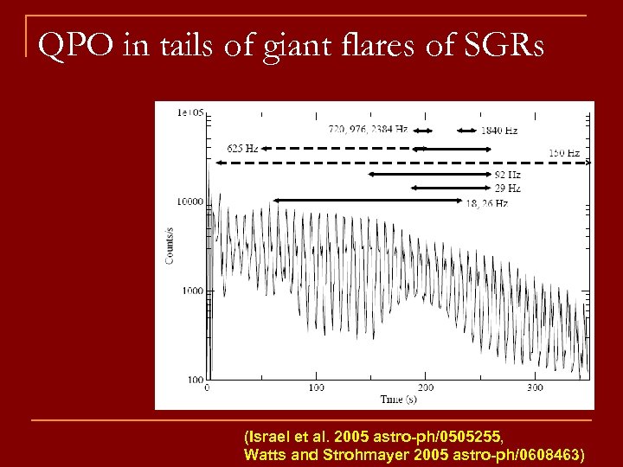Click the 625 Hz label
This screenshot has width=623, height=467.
click(x=242, y=148)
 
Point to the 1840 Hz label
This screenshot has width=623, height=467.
click(x=500, y=131)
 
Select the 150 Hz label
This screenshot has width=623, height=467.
click(x=565, y=153)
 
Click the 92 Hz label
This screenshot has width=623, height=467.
click(x=507, y=176)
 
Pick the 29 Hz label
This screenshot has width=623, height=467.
click(x=507, y=188)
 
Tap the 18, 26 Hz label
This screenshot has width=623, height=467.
click(x=486, y=203)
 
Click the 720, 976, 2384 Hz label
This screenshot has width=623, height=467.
click(x=368, y=130)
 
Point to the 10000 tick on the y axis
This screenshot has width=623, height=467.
click(x=189, y=202)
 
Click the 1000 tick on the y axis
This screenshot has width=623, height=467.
click(x=192, y=291)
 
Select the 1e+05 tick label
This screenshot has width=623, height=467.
click(x=189, y=112)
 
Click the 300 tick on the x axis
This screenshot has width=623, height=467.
click(x=534, y=388)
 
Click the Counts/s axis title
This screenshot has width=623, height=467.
click(x=170, y=244)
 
